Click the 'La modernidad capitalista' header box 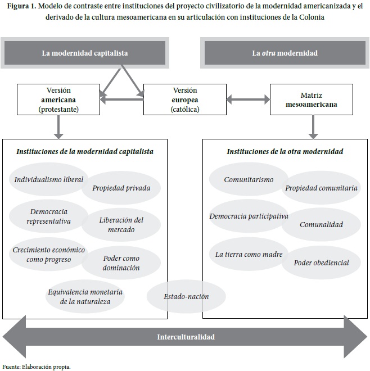coord(85,53)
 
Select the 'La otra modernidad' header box coord(285,53)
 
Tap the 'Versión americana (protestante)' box coord(58,99)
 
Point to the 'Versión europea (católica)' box coord(185,99)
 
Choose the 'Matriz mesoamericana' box coord(312,99)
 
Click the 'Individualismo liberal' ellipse coord(49,180)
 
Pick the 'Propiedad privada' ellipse coord(121,188)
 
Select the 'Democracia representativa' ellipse coord(49,216)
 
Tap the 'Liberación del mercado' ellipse coord(121,224)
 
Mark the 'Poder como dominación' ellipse coord(121,263)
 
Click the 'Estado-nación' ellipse coord(186,296)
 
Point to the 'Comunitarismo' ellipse coord(249,180)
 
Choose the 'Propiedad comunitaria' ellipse coord(321,188)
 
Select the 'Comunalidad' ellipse coord(321,224)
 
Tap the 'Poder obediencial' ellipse coord(321,263)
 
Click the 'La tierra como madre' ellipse coord(249,254)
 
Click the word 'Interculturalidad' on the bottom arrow coord(185,337)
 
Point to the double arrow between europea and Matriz coord(248,100)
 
